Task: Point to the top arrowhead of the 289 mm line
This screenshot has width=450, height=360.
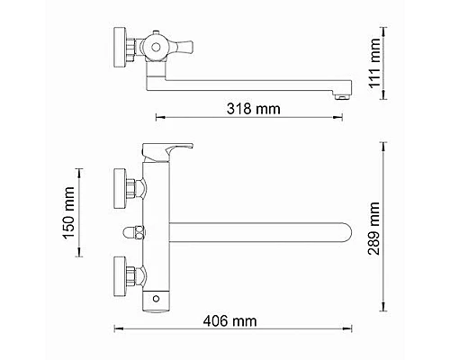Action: click(x=384, y=142)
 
